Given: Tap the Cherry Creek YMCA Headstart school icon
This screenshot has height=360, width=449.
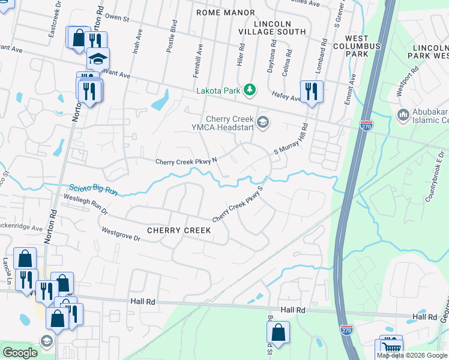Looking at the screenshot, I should [x=262, y=122].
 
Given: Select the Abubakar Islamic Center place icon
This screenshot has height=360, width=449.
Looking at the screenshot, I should [x=403, y=114].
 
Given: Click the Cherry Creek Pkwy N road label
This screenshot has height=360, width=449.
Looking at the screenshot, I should [x=186, y=161].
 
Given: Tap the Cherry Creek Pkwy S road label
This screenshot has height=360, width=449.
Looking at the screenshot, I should [x=238, y=204].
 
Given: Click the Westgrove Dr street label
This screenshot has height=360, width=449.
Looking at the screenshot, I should [x=121, y=234].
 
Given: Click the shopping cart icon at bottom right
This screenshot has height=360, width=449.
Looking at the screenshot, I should [x=390, y=347].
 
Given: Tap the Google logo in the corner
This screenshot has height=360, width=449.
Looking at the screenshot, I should [x=20, y=353].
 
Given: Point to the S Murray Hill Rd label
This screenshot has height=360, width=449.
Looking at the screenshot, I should [x=291, y=140].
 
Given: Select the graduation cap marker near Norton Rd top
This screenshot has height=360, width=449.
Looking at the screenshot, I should [x=97, y=58].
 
